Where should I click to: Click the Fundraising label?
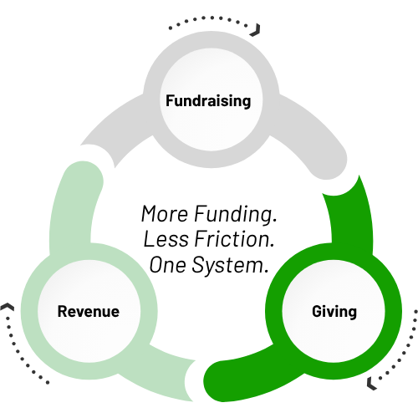[x=208, y=100]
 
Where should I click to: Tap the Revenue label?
[x=89, y=311]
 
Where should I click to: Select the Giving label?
[x=334, y=312]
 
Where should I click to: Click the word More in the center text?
[x=165, y=214]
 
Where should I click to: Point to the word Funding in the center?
[x=236, y=215]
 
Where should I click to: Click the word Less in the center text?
[x=166, y=239]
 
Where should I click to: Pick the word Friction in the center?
[x=234, y=239]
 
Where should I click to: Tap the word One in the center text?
[x=167, y=265]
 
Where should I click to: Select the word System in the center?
[x=230, y=266]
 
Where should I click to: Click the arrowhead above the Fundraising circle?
[x=256, y=30]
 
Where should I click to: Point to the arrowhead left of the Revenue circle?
[x=8, y=307]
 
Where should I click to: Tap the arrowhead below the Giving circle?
[x=371, y=384]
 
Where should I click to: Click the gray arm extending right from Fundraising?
[x=312, y=131]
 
